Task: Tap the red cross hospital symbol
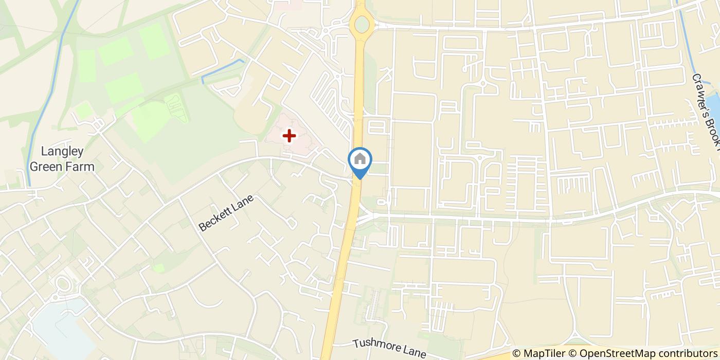[x=290, y=136]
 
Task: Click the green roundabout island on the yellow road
[x=362, y=24]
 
